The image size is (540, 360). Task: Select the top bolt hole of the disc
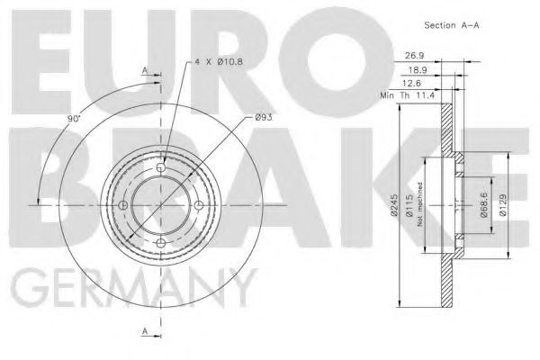(162, 168)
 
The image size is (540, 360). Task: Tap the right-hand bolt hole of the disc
(199, 204)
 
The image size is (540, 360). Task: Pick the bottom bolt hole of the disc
(162, 240)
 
